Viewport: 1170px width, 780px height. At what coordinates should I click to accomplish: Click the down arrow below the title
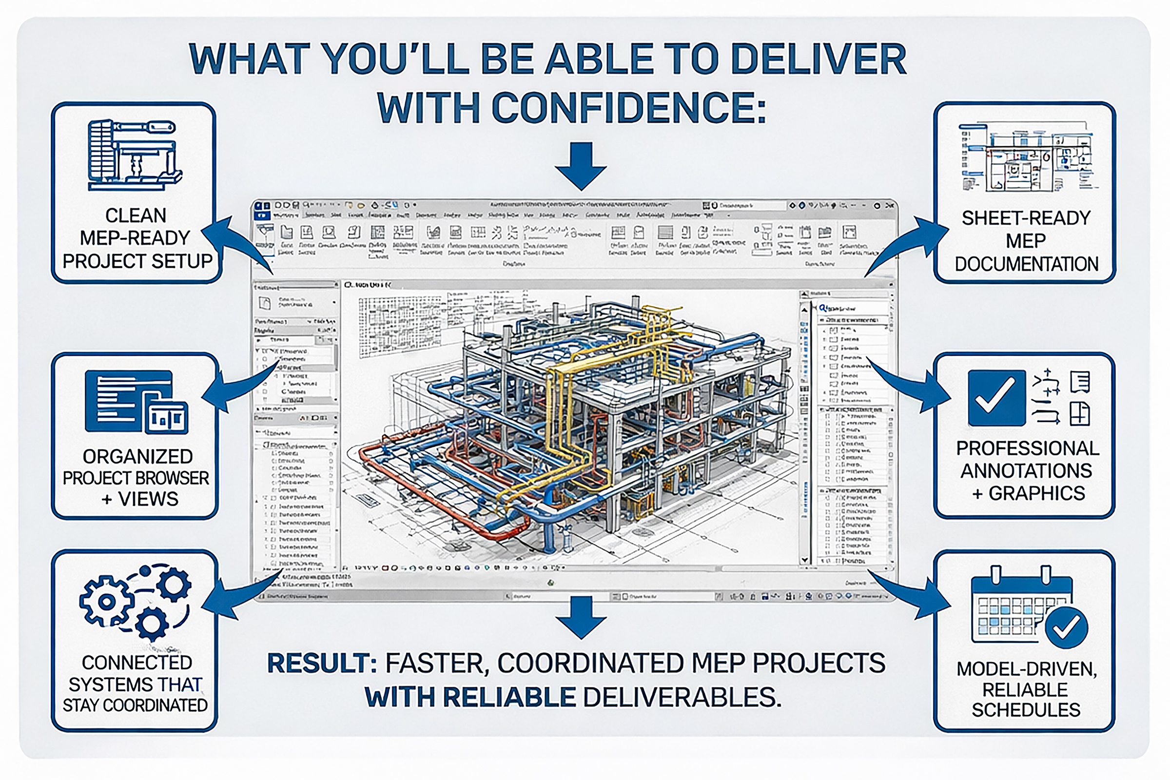point(581,166)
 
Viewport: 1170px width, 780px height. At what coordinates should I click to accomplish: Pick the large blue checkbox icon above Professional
point(996,398)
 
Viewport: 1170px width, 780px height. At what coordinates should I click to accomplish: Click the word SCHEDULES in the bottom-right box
point(1026,710)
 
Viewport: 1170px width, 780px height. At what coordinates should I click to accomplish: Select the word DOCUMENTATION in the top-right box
point(1026,264)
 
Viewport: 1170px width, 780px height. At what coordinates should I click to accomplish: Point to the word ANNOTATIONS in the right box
point(1026,470)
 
